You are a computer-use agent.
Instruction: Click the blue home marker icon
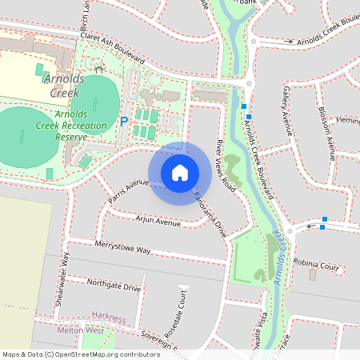click(180, 172)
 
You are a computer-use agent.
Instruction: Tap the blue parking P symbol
click(123, 122)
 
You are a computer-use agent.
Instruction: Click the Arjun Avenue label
click(158, 220)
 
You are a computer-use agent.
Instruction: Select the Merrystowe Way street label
click(122, 250)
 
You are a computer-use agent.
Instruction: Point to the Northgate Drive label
click(114, 286)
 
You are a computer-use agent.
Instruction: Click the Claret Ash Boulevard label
click(112, 50)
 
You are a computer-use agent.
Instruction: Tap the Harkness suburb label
click(109, 318)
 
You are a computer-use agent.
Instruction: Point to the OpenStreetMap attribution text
click(81, 354)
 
